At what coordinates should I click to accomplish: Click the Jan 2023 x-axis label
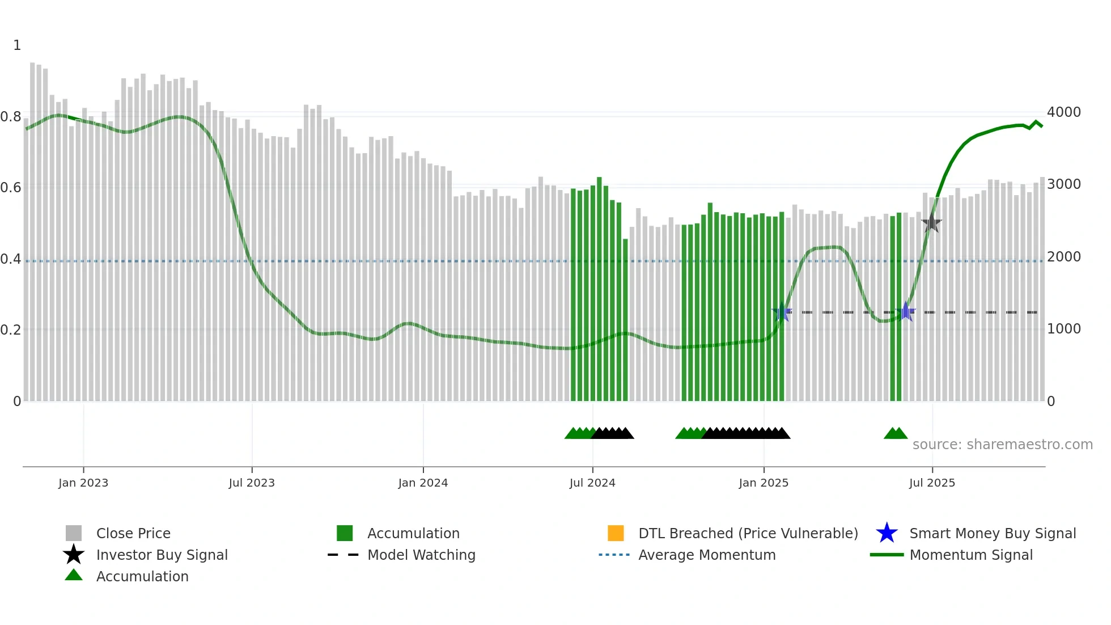[83, 483]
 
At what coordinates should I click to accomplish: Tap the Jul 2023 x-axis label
[252, 483]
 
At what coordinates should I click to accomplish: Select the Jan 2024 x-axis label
[423, 483]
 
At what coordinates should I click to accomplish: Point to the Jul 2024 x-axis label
[592, 483]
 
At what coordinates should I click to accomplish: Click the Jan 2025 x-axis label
[764, 483]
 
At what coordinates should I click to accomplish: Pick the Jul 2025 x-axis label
[932, 483]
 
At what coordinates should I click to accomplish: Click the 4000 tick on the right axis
[1063, 112]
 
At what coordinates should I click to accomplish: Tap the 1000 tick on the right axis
[1063, 329]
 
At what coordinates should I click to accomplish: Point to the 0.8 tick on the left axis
[11, 117]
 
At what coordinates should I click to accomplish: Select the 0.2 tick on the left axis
[11, 330]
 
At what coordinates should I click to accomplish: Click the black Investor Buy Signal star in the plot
[931, 223]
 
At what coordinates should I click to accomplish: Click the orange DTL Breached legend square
[616, 533]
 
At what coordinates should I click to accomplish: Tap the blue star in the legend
[887, 533]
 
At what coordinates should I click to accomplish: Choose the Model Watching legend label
[421, 555]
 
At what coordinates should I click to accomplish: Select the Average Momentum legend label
[707, 555]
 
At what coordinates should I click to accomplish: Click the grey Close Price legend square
[74, 533]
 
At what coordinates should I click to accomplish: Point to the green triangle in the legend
[74, 576]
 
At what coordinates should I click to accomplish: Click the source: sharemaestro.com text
[1002, 445]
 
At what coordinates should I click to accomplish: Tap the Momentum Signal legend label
[971, 555]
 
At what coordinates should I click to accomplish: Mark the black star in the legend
[74, 555]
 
